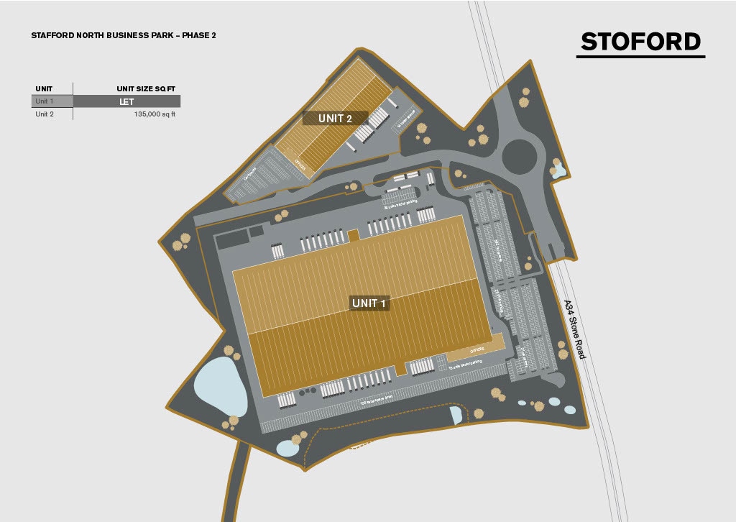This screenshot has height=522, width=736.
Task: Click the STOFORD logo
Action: (641, 42)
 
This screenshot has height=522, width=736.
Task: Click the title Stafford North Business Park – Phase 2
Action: (124, 35)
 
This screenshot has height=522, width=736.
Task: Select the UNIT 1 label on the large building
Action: (369, 303)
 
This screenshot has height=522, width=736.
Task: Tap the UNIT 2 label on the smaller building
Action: (335, 118)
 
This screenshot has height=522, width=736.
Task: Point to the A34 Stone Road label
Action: (574, 329)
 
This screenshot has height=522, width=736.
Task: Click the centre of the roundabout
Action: (519, 155)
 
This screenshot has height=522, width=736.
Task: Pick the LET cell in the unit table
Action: (126, 101)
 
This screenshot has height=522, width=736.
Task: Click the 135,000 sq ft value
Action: (155, 114)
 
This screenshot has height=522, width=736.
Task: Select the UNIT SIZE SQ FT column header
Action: (146, 89)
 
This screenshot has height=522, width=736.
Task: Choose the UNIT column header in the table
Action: (44, 89)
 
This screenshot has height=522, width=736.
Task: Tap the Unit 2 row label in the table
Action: (45, 114)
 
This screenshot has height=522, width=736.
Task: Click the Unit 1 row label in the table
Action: (45, 101)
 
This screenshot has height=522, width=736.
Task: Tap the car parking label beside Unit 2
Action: (252, 175)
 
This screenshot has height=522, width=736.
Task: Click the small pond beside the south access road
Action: (287, 448)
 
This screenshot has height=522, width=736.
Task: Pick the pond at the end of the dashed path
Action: (456, 414)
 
